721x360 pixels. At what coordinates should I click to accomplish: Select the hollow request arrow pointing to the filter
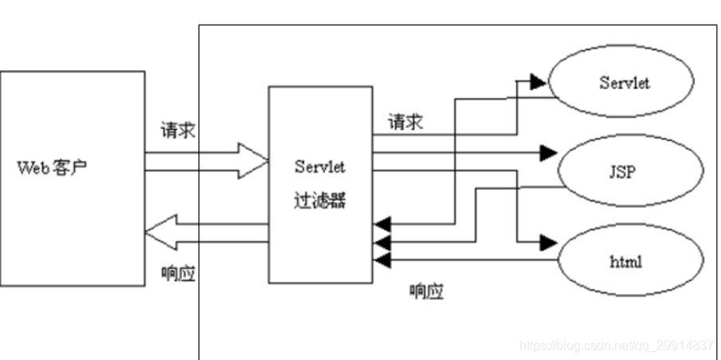pyautogui.click(x=207, y=158)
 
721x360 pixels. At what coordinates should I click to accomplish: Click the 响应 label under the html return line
pyautogui.click(x=426, y=292)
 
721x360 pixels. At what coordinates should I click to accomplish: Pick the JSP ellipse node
pyautogui.click(x=629, y=170)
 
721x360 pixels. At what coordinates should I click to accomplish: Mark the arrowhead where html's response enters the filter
pyautogui.click(x=382, y=260)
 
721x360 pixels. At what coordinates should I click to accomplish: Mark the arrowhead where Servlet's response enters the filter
pyautogui.click(x=382, y=223)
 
